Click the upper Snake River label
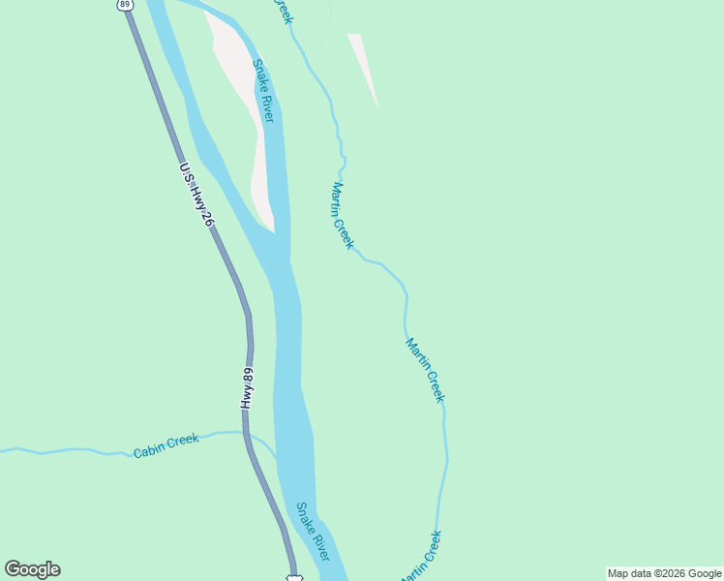263,91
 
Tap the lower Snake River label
313,532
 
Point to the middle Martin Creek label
425,370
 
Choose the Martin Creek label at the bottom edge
421,557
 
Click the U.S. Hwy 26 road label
196,194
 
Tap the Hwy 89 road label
248,388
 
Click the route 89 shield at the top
125,4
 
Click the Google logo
32,569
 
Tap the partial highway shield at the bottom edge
294,577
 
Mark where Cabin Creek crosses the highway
244,434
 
